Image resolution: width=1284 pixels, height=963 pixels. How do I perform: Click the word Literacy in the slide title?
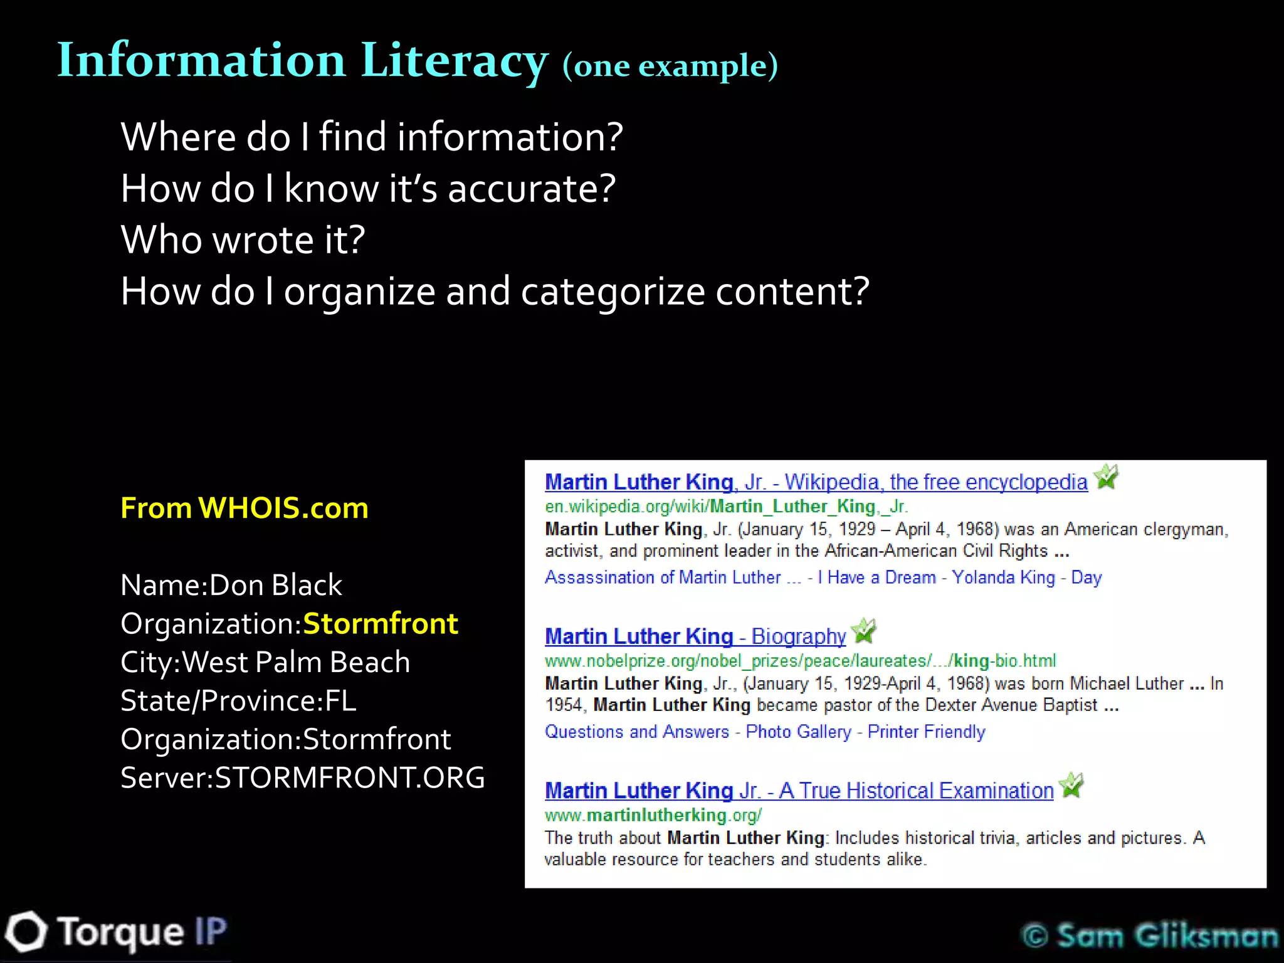pyautogui.click(x=454, y=61)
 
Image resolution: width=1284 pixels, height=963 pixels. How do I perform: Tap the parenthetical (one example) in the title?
pyautogui.click(x=670, y=66)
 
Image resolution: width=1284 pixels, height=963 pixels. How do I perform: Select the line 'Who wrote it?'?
pyautogui.click(x=243, y=239)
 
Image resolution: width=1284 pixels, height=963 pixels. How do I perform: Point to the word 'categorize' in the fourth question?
pyautogui.click(x=613, y=292)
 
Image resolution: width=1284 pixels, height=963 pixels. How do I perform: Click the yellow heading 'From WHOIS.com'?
pyautogui.click(x=244, y=508)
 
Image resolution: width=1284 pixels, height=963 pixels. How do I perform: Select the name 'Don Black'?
pyautogui.click(x=275, y=585)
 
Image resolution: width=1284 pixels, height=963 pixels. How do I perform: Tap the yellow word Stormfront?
pyautogui.click(x=380, y=624)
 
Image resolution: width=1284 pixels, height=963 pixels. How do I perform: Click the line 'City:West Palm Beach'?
pyautogui.click(x=265, y=662)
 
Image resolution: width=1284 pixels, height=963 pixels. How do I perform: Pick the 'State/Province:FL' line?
pyautogui.click(x=238, y=700)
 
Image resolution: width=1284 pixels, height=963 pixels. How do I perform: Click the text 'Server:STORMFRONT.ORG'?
pyautogui.click(x=302, y=777)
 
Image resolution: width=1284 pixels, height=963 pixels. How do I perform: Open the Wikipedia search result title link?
pyautogui.click(x=816, y=481)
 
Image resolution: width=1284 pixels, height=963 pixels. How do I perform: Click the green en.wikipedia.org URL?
pyautogui.click(x=725, y=506)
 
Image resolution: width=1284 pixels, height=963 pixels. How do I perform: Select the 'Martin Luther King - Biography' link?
pyautogui.click(x=695, y=636)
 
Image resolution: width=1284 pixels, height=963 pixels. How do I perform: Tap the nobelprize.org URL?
pyautogui.click(x=800, y=660)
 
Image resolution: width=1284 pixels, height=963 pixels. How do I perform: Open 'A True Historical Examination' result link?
pyautogui.click(x=799, y=790)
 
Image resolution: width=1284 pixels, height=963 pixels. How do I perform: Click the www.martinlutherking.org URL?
pyautogui.click(x=653, y=814)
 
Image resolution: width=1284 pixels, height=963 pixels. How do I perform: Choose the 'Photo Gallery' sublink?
pyautogui.click(x=798, y=732)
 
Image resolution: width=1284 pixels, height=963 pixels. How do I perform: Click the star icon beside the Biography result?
pyautogui.click(x=865, y=631)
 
